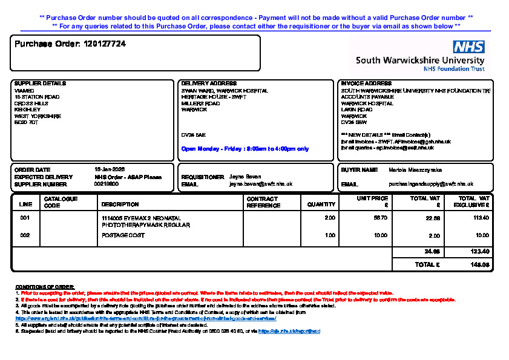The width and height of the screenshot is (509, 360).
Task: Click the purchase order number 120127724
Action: (105, 44)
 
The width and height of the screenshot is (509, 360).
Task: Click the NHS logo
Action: (468, 47)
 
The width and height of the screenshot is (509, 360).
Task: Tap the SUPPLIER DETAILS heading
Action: (40, 83)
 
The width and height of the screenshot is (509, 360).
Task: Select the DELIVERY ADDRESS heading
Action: (209, 83)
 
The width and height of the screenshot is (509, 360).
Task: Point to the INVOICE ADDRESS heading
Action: (366, 83)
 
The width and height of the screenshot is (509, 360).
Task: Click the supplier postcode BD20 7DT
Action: (26, 122)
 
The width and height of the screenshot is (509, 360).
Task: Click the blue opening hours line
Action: (245, 149)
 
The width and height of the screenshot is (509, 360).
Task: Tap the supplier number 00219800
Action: (107, 184)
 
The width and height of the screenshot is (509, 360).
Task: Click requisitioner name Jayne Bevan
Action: (245, 177)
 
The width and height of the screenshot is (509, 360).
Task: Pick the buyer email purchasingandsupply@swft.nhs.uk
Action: (430, 184)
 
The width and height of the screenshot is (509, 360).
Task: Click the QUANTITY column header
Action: (321, 205)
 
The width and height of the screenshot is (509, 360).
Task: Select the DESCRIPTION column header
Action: (120, 205)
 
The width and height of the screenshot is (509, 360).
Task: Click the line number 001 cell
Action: (25, 218)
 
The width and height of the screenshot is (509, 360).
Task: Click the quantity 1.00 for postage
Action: (330, 235)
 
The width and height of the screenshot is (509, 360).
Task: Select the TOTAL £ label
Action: (427, 265)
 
